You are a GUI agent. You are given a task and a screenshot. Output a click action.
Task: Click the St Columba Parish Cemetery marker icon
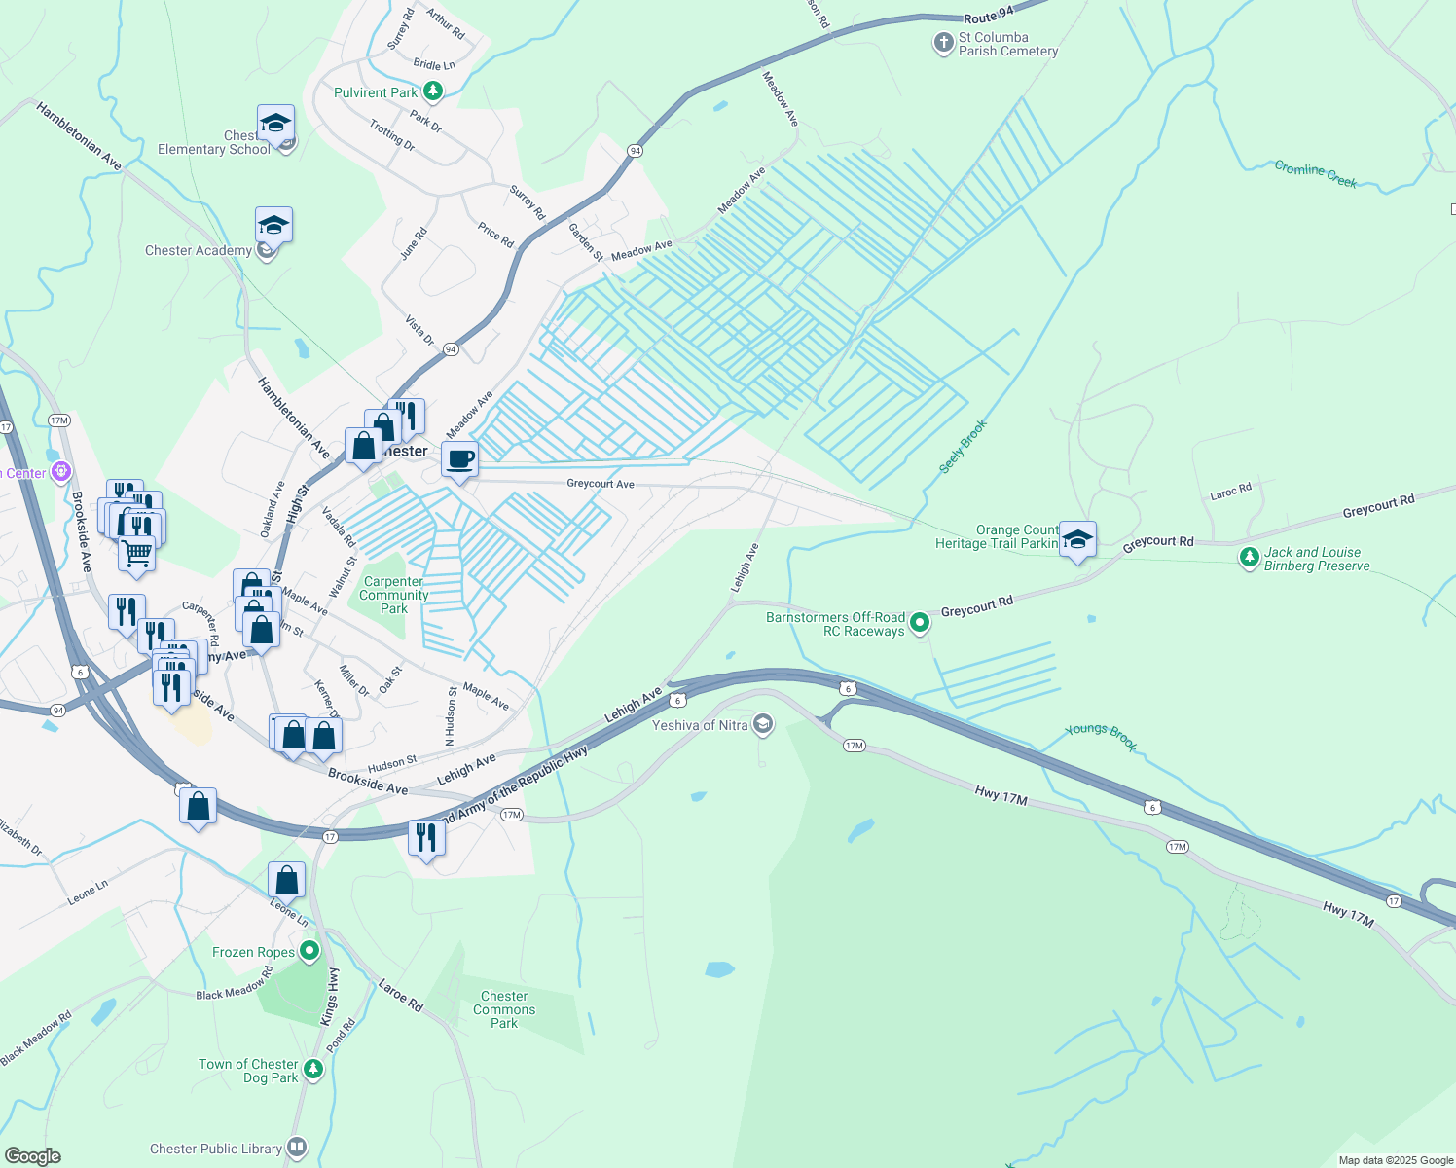[943, 43]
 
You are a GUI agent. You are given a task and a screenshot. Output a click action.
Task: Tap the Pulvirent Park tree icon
[433, 92]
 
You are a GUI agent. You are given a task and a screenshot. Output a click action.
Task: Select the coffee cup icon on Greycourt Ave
[460, 458]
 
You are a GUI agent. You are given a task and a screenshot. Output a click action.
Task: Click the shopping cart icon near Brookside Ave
[137, 554]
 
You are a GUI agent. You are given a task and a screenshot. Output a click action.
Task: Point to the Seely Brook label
[964, 447]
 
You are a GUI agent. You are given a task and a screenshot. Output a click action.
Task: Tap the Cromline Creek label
[1315, 174]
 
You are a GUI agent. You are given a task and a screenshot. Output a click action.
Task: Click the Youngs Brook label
[1101, 737]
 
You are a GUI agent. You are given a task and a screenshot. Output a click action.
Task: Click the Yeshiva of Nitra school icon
[763, 724]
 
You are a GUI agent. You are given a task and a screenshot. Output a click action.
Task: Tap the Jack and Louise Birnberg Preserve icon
[1249, 558]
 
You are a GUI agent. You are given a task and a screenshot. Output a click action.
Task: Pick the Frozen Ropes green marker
[309, 951]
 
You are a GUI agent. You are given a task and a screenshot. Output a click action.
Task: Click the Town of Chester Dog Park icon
[312, 1070]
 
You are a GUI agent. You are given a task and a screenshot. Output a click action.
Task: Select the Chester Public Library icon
[296, 1149]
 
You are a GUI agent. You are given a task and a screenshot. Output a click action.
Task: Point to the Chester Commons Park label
[504, 1009]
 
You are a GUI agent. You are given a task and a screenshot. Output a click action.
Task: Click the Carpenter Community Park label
[393, 595]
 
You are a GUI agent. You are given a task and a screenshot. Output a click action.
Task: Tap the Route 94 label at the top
[989, 16]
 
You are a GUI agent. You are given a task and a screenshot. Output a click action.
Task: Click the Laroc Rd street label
[1230, 492]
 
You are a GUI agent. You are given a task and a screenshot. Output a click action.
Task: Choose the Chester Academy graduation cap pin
[273, 226]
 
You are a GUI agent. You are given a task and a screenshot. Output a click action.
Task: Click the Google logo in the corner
[33, 1155]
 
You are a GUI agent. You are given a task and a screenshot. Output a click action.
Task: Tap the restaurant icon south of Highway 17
[426, 837]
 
